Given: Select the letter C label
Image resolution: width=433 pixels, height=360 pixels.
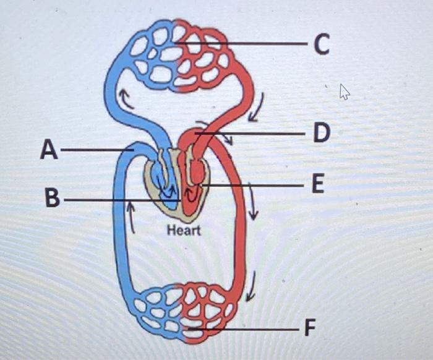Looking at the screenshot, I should click(321, 44).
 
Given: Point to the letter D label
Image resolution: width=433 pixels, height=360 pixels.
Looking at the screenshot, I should click(320, 133).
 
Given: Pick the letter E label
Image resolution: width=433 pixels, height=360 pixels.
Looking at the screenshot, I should click(317, 184).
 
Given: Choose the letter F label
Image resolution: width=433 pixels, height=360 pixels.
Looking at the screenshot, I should click(309, 328).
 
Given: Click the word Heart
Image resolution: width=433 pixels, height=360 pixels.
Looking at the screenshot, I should click(184, 231).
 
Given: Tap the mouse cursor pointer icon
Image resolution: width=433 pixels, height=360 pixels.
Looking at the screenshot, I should click(345, 92).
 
